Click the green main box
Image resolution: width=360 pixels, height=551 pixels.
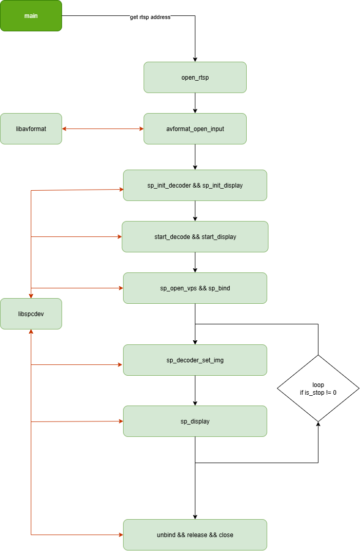pos(31,16)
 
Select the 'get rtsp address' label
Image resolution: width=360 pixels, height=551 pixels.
pos(150,17)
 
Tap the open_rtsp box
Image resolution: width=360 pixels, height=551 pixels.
pos(195,78)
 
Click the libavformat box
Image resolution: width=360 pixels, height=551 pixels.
pos(31,128)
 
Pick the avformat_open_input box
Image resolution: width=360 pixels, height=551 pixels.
pos(195,128)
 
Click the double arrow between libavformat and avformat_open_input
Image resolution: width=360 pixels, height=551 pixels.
pos(103,128)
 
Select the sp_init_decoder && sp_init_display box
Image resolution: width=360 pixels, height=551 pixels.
pos(195,185)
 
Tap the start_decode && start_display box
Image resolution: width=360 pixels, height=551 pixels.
pos(195,236)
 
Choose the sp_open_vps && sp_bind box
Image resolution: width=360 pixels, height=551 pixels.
pos(195,288)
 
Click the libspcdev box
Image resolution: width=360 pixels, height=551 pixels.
pos(31,314)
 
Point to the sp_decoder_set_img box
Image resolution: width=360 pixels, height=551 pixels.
pos(195,360)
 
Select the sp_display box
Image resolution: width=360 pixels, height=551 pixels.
pos(195,421)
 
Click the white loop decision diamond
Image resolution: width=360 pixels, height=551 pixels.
pos(318,388)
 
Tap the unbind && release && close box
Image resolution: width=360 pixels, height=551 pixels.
pos(195,535)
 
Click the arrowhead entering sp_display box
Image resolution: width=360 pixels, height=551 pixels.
pos(121,421)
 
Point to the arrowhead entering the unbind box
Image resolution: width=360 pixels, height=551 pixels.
pos(121,535)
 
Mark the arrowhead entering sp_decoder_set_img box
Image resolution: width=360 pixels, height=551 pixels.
pos(121,365)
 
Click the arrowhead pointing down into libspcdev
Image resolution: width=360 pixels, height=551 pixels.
pos(31,296)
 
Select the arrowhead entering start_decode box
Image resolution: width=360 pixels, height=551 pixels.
pos(119,237)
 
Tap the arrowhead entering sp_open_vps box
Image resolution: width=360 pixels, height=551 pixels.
pos(121,288)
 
